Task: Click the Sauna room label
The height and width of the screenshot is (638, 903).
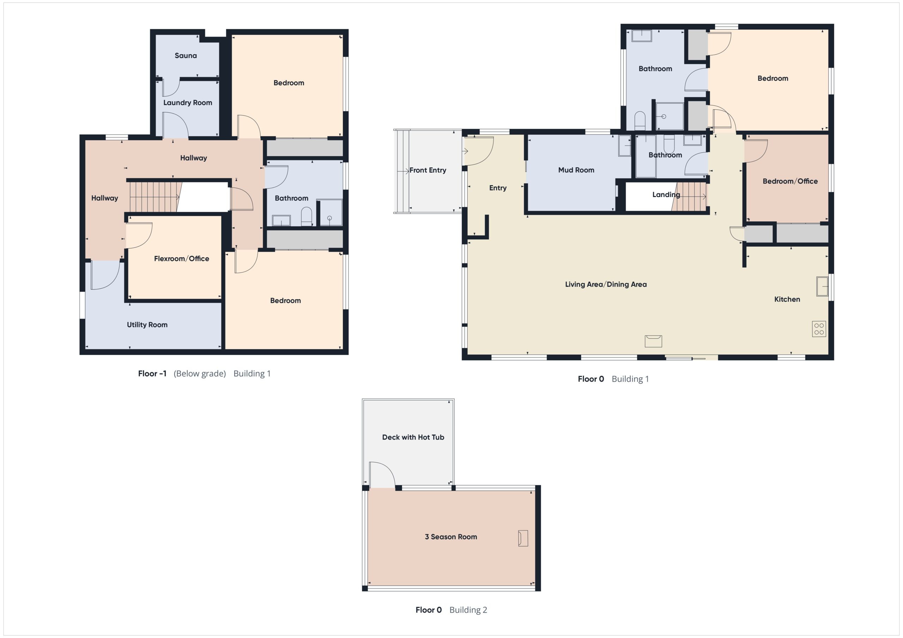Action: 186,55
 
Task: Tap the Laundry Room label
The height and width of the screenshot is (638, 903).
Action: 188,103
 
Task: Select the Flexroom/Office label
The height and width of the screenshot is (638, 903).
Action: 181,259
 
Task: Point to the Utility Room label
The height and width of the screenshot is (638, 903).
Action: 147,325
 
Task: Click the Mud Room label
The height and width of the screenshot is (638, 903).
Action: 576,170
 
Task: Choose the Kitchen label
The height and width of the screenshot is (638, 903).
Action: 787,299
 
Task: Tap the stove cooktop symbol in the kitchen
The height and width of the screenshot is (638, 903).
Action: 819,329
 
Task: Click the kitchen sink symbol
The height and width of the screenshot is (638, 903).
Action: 822,286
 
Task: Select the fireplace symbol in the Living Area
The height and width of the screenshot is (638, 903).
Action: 653,341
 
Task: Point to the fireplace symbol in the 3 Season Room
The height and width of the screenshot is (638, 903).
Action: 523,538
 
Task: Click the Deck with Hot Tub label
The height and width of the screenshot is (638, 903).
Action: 413,437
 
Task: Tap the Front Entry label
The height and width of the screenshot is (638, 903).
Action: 428,170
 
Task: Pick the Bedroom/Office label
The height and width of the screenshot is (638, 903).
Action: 790,181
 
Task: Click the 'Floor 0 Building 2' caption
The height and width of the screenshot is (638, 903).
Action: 451,610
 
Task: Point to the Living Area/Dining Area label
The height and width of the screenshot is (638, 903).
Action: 606,284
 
